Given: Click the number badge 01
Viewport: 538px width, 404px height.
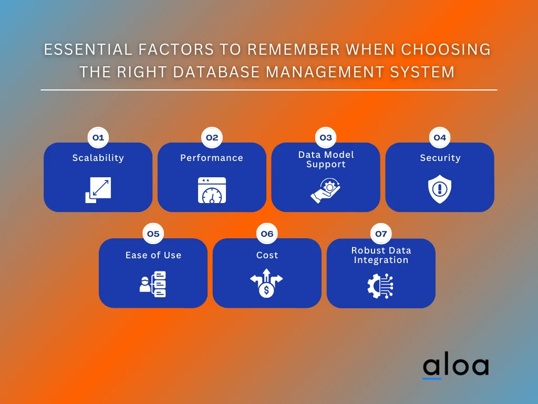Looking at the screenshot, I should tap(98, 138).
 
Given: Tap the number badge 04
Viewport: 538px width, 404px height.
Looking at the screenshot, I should tap(440, 138).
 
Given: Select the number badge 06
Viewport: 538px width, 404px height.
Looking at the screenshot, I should tap(267, 234).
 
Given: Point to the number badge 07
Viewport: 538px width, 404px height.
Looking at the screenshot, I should tap(381, 234).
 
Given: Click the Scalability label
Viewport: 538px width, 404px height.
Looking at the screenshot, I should tap(98, 158).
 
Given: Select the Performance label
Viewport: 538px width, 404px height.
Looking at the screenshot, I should tap(212, 158).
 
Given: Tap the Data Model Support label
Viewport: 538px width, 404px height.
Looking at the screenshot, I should tap(326, 159).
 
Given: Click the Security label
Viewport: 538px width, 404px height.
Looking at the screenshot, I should tap(440, 158).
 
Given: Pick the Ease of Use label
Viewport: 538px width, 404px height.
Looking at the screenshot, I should tap(153, 255).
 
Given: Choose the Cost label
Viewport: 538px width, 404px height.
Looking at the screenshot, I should tap(267, 255).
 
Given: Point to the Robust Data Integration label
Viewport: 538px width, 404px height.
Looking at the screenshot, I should tap(381, 255).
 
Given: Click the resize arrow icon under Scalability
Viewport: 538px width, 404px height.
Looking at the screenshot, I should tap(98, 190).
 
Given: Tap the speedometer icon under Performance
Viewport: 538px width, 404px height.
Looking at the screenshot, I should tap(212, 190).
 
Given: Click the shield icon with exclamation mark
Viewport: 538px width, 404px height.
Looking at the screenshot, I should tap(440, 190).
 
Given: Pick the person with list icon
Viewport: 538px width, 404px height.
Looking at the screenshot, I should tap(153, 285).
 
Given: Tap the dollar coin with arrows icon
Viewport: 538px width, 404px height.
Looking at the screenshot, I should tap(266, 284).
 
